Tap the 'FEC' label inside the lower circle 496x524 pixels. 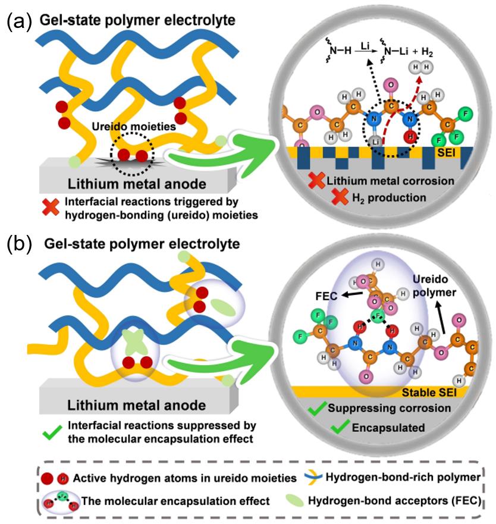(x=323, y=294)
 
